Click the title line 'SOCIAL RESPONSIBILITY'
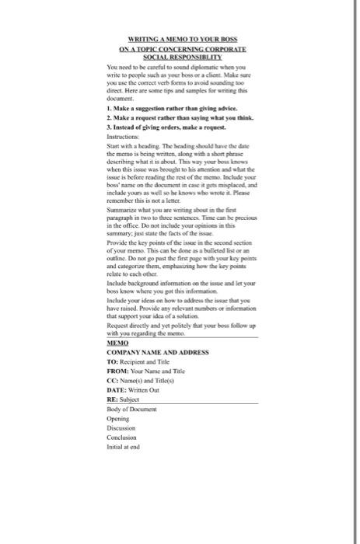click(x=180, y=57)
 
